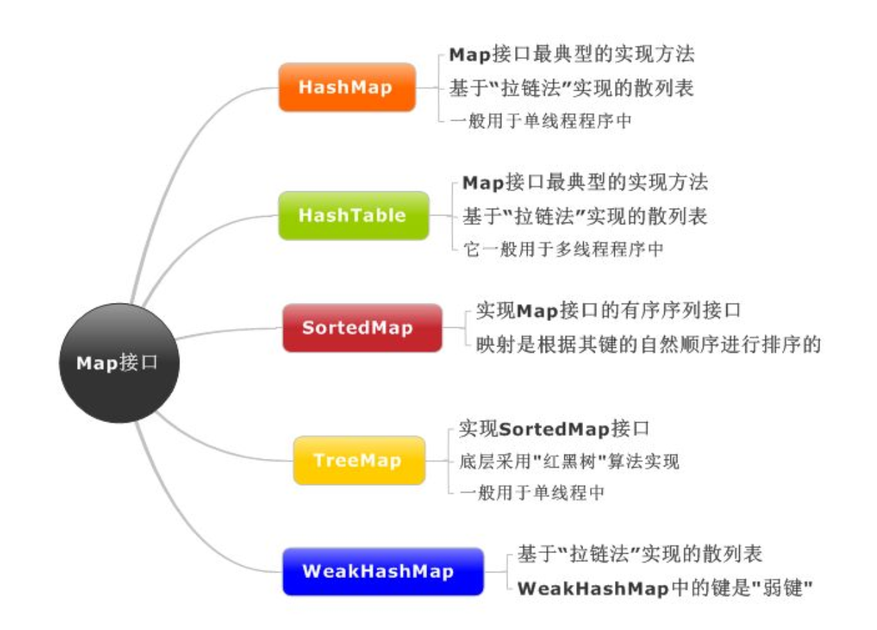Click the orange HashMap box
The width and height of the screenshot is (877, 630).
pyautogui.click(x=347, y=87)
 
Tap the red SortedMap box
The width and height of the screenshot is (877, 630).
pyautogui.click(x=362, y=328)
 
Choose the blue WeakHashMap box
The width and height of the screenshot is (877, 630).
pyautogui.click(x=383, y=572)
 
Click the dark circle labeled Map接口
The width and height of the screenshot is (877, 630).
pyautogui.click(x=119, y=363)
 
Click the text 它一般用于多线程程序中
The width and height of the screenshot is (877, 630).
pyautogui.click(x=562, y=250)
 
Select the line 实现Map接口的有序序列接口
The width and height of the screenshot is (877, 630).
pyautogui.click(x=608, y=310)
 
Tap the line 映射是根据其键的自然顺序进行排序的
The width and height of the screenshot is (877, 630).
pyautogui.click(x=648, y=344)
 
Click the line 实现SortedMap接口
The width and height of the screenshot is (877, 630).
pyautogui.click(x=554, y=428)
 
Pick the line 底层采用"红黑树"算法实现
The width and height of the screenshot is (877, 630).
pyautogui.click(x=568, y=461)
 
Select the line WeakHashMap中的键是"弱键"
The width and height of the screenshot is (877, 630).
pyautogui.click(x=664, y=588)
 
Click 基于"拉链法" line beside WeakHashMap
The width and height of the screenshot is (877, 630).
pyautogui.click(x=640, y=554)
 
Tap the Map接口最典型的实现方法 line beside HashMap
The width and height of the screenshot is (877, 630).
pyautogui.click(x=572, y=54)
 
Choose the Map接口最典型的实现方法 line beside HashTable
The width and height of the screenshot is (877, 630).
pyautogui.click(x=584, y=183)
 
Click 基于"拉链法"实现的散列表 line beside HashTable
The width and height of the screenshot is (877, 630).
pyautogui.click(x=584, y=216)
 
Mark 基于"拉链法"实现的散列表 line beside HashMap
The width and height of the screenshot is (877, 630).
pyautogui.click(x=572, y=88)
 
